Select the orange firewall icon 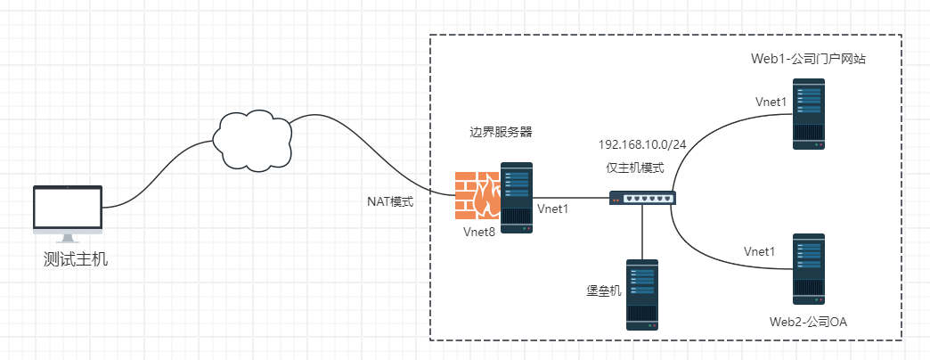point(476,195)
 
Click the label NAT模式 point(391,202)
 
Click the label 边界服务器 point(501,132)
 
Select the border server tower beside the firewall point(516,198)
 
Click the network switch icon point(642,199)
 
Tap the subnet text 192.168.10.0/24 point(643,144)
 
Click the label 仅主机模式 point(635,168)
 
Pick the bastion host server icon point(641,295)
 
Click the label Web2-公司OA point(809,320)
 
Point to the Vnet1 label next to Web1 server point(771,102)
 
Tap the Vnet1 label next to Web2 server point(760,251)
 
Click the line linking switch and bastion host point(642,233)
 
